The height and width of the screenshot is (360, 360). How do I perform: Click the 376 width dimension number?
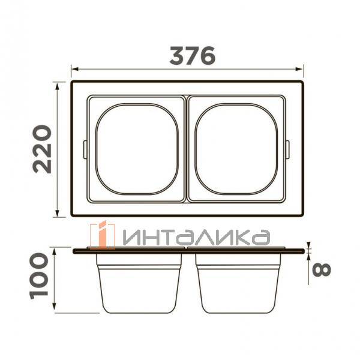(193, 56)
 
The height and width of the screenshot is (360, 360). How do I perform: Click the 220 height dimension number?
(42, 149)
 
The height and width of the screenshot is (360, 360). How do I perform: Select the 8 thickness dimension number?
(322, 270)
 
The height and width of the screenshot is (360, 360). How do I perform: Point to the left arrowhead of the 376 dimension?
(75, 69)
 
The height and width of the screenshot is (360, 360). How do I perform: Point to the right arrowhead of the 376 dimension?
(299, 69)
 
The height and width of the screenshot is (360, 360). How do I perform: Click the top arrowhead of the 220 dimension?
(57, 86)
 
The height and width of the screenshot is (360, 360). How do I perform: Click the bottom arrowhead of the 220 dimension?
(57, 213)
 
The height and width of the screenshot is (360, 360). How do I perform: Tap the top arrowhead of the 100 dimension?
(54, 253)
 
